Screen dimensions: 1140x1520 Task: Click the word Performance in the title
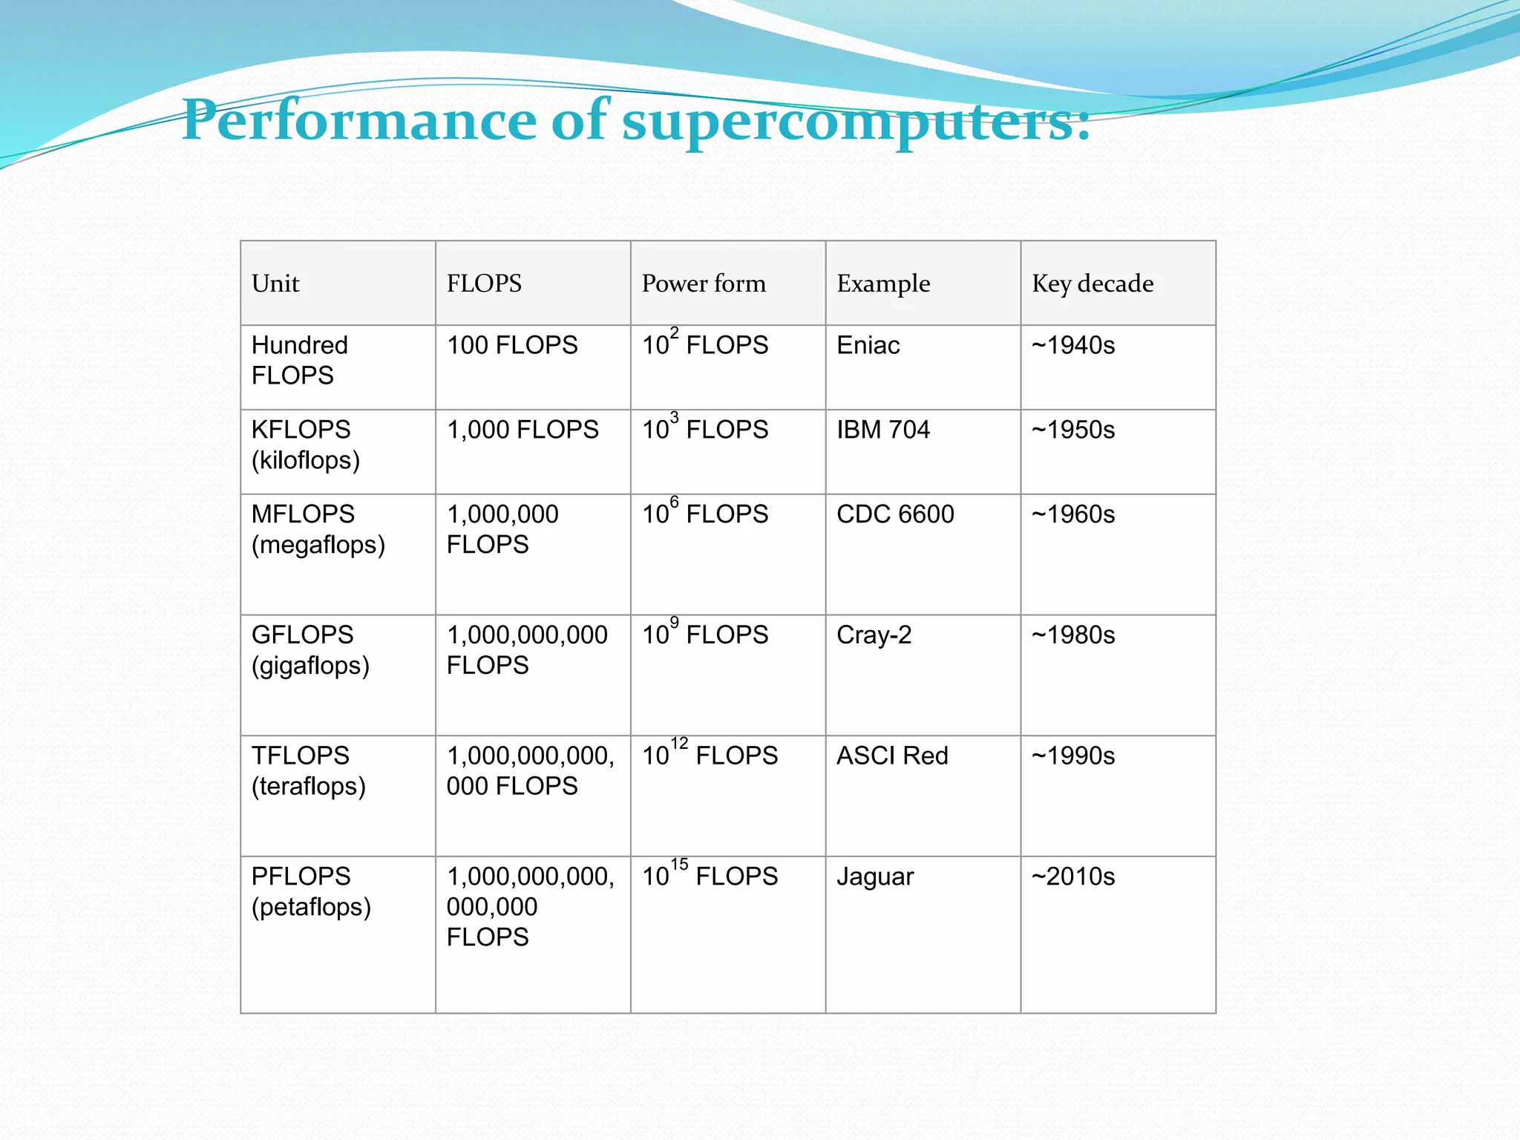click(x=359, y=121)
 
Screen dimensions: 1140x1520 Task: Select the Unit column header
click(x=275, y=284)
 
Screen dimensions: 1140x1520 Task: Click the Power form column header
click(x=703, y=284)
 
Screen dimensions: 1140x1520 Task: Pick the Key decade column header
click(x=1092, y=284)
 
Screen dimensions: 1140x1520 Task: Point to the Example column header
click(x=883, y=284)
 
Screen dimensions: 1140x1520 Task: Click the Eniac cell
click(x=868, y=345)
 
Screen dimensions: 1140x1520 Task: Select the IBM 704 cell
click(x=882, y=430)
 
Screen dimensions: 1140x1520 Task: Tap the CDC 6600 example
click(x=895, y=514)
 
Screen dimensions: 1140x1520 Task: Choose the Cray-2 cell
click(x=874, y=635)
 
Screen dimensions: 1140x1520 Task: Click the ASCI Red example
click(x=892, y=756)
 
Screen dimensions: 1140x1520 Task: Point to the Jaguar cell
click(x=875, y=877)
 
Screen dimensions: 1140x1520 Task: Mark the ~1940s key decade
click(x=1073, y=345)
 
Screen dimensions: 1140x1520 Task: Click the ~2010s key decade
click(x=1073, y=877)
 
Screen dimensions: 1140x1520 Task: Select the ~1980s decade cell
click(x=1073, y=635)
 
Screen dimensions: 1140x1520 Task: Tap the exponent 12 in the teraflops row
click(x=679, y=743)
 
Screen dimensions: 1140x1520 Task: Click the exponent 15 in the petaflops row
click(x=679, y=864)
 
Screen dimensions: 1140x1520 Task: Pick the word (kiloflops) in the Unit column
click(x=306, y=460)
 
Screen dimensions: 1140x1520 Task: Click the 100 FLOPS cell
click(x=512, y=345)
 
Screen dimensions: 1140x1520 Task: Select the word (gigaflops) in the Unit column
click(x=310, y=666)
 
